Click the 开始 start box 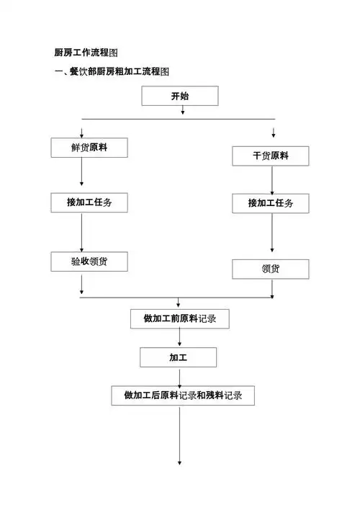point(179,96)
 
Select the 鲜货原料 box point(89,148)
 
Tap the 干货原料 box point(270,156)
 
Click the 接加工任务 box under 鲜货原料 point(89,203)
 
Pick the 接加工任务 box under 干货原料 point(270,203)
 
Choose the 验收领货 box point(89,261)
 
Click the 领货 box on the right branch point(270,269)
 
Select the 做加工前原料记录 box point(179,318)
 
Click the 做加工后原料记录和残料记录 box point(182,395)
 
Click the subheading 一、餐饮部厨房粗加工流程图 point(112,72)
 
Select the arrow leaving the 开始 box point(183,111)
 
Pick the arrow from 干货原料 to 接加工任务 point(272,180)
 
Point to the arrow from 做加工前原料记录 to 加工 point(179,338)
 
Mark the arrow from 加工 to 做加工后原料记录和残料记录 point(179,376)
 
